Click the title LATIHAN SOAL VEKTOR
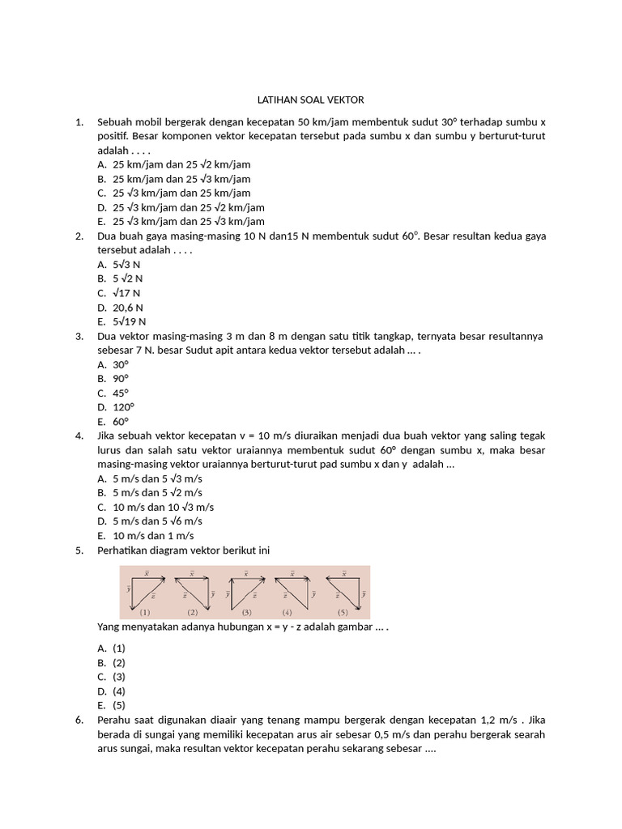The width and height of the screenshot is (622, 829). click(310, 100)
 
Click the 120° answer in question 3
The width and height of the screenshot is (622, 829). click(124, 407)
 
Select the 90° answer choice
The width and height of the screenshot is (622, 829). click(121, 378)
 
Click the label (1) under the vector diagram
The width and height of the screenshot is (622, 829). click(144, 612)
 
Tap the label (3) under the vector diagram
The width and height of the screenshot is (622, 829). click(246, 612)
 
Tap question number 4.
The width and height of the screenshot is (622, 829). click(79, 436)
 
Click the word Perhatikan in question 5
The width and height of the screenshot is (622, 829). click(123, 551)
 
